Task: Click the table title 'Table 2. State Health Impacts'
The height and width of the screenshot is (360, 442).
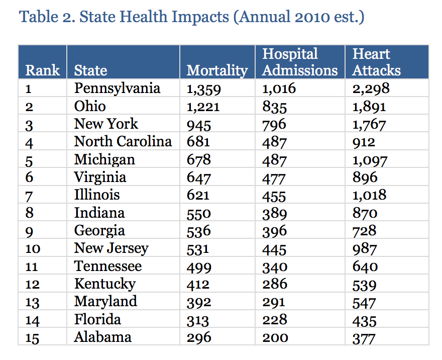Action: point(191,18)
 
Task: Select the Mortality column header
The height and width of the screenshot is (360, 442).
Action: point(217,70)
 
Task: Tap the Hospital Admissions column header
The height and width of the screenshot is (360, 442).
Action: point(300,62)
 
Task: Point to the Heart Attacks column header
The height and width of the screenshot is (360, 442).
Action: point(376,62)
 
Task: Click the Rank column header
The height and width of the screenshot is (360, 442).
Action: point(43,70)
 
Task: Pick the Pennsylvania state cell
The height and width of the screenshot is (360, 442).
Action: point(117,88)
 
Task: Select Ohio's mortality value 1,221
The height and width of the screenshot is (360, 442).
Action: point(203,107)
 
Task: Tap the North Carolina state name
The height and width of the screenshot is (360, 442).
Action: point(123,142)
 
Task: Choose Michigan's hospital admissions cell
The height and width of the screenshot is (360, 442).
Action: point(274,160)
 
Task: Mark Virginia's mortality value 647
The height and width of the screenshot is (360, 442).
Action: point(198,178)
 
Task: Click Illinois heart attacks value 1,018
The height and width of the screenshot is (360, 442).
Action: point(369,196)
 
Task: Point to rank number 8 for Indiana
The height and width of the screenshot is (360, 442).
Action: point(30,213)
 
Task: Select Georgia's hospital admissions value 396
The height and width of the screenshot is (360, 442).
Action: point(274,231)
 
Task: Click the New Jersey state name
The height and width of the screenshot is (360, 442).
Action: point(111,248)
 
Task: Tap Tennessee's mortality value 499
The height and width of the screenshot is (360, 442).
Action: point(199,267)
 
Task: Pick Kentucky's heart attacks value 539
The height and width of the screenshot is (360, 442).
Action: point(364,285)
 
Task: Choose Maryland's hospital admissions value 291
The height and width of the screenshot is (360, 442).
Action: point(274,302)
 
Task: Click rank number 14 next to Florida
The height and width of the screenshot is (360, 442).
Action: point(32,320)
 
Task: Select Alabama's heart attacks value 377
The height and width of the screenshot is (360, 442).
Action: point(364,338)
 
